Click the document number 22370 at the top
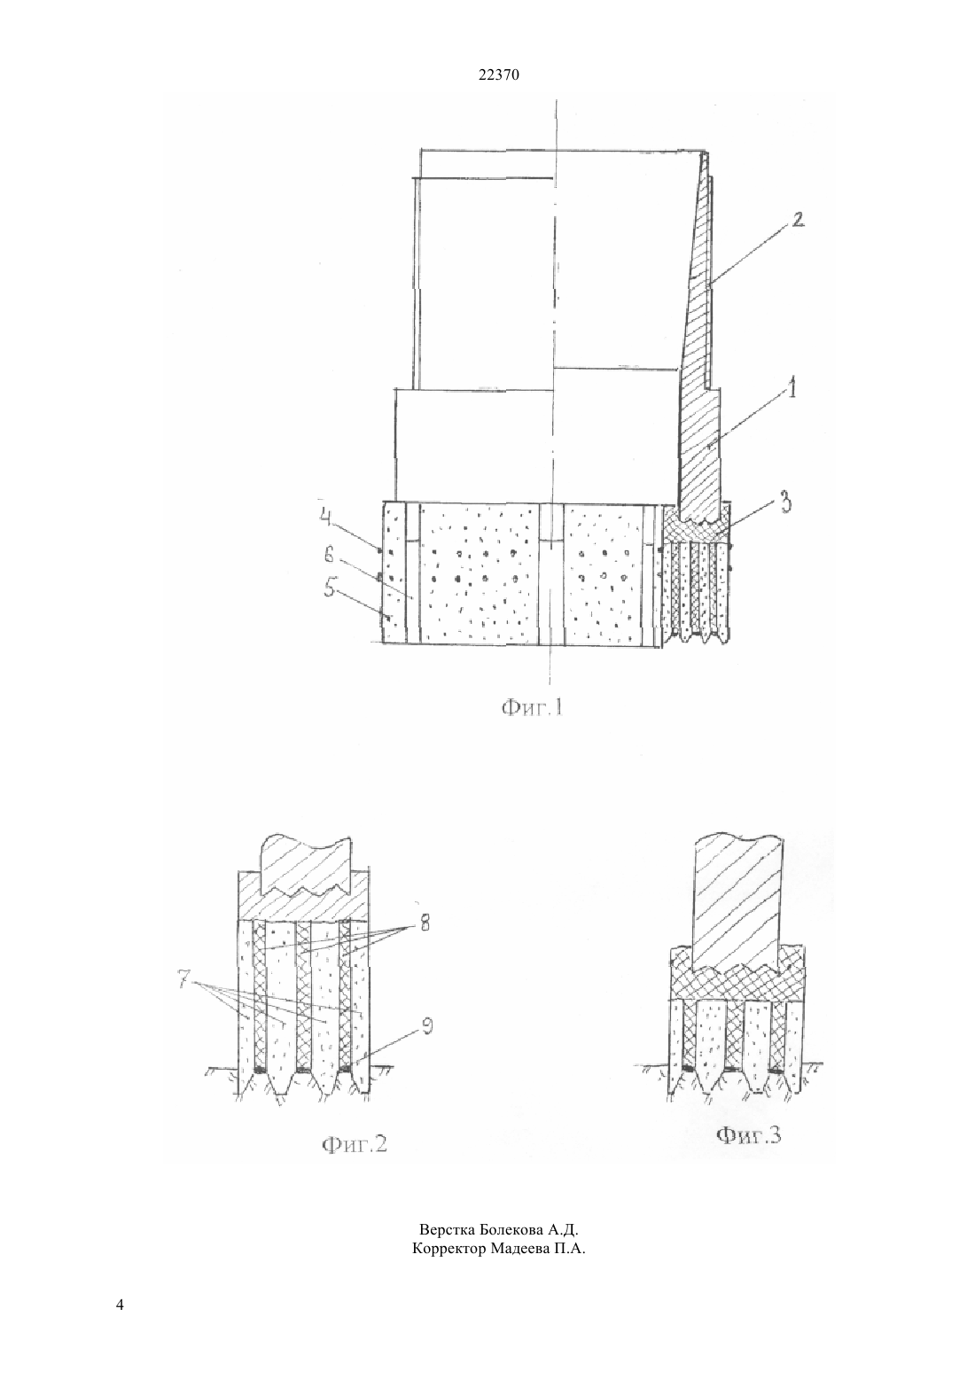click(x=498, y=75)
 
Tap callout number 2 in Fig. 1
click(x=797, y=220)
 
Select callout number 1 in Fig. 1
click(x=792, y=388)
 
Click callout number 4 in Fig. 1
click(x=325, y=518)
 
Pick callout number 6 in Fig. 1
click(x=330, y=557)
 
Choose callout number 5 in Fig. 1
click(x=330, y=589)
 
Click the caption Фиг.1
click(x=532, y=709)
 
